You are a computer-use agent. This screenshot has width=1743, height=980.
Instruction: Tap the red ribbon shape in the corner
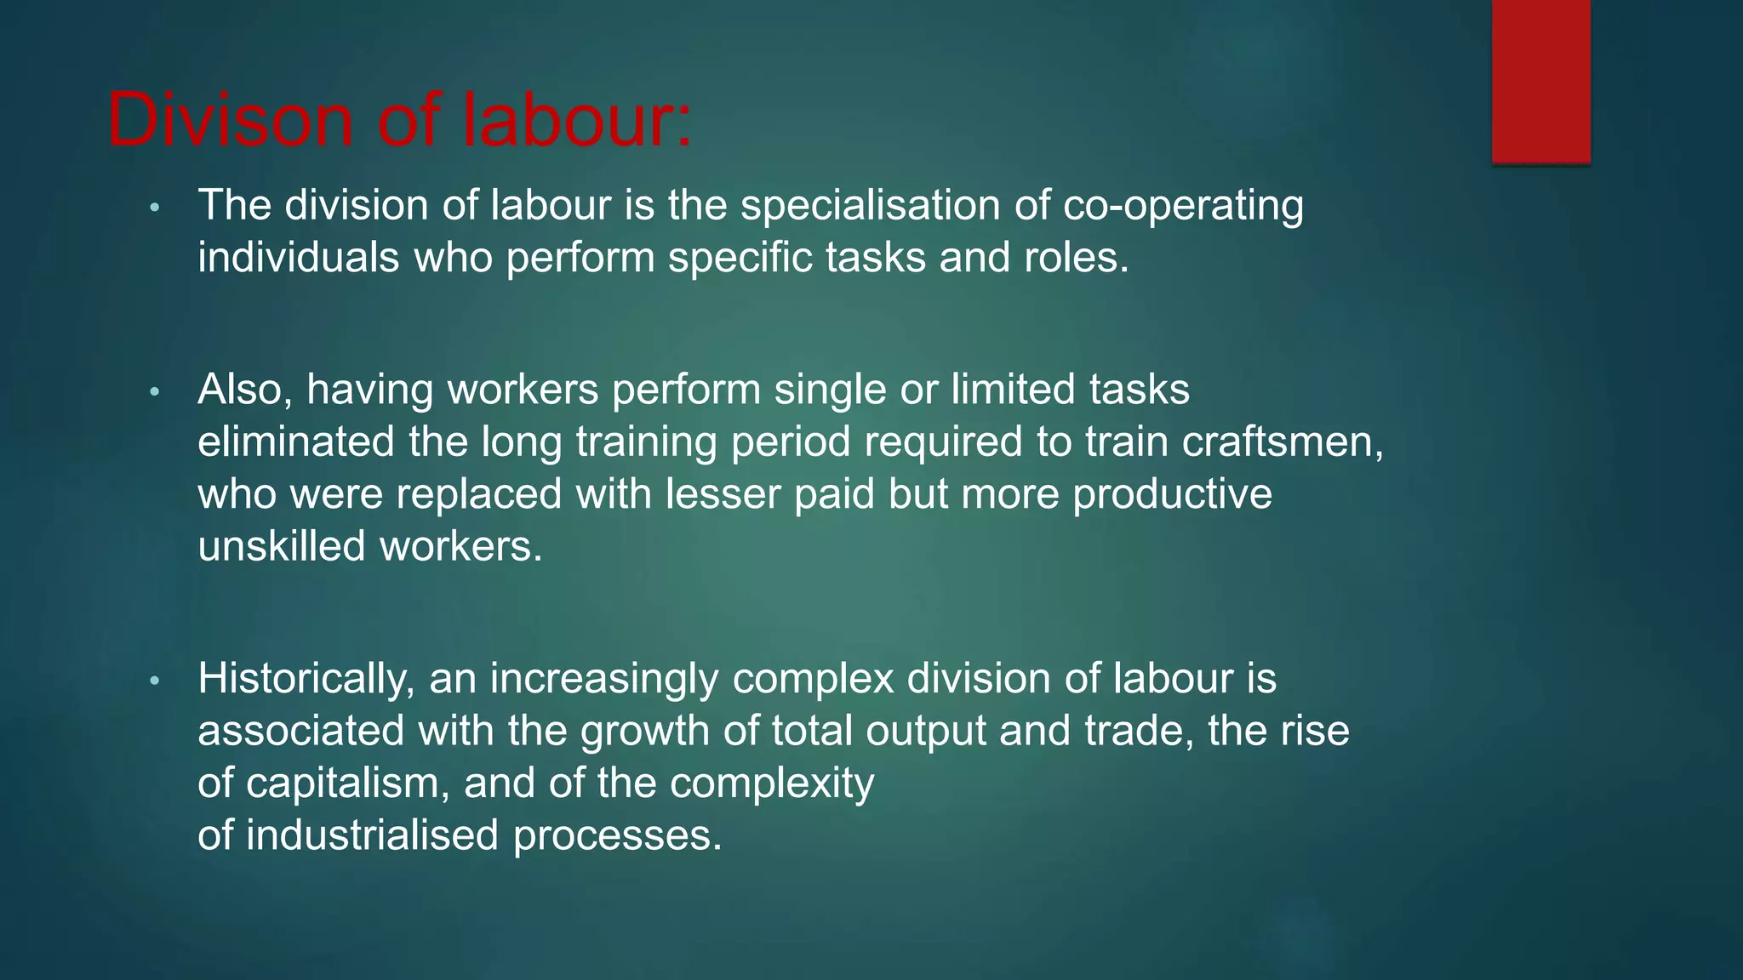(1540, 81)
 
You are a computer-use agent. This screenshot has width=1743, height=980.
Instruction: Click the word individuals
(298, 258)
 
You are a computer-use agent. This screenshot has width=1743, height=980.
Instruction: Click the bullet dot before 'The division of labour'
(154, 208)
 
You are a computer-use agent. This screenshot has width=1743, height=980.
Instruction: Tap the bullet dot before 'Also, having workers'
(154, 392)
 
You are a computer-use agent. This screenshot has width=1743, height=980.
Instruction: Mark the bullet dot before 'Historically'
(154, 681)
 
